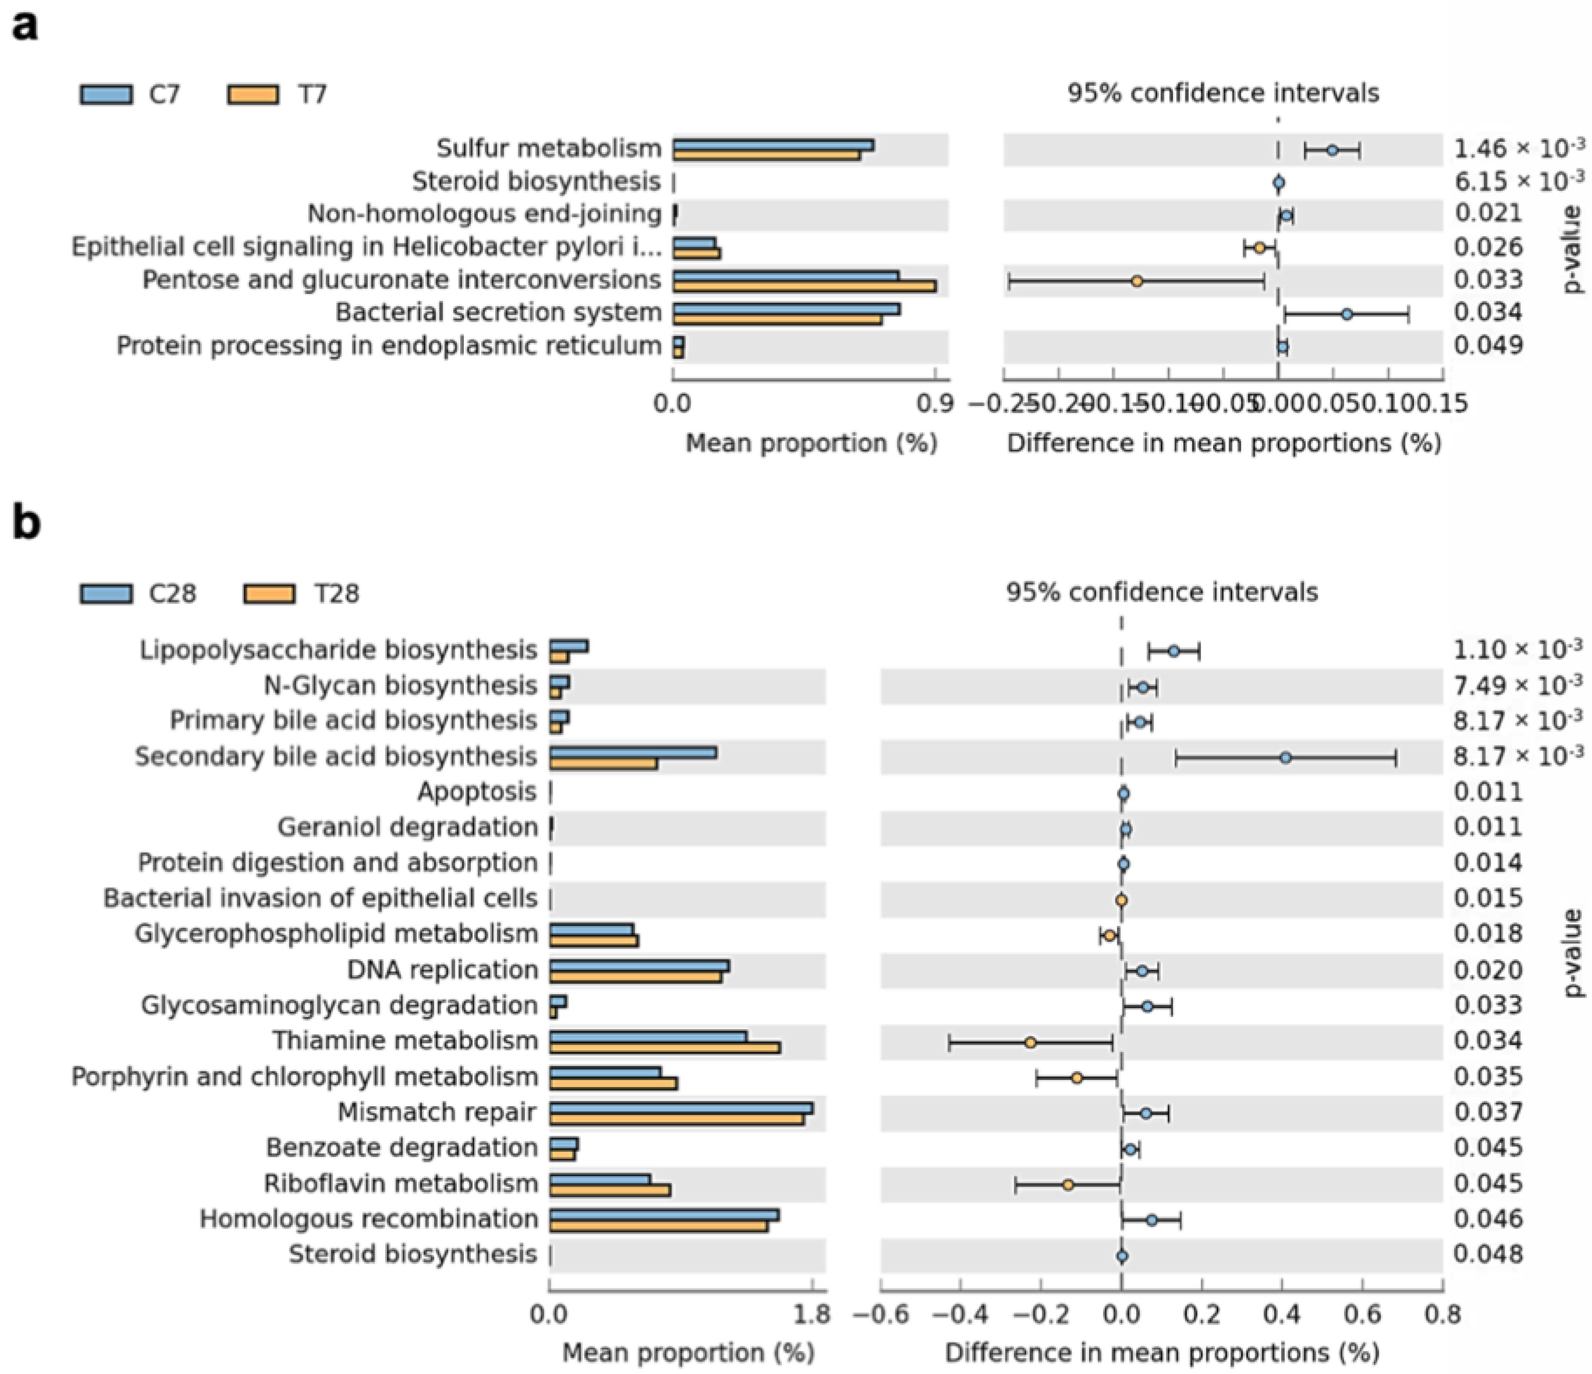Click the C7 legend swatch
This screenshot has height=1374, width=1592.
[105, 95]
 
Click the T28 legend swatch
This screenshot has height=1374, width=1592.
[269, 594]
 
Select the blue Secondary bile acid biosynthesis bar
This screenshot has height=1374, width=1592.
[633, 752]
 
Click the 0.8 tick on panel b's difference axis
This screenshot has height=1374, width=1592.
[1442, 1314]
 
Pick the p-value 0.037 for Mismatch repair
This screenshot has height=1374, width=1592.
[1487, 1112]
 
